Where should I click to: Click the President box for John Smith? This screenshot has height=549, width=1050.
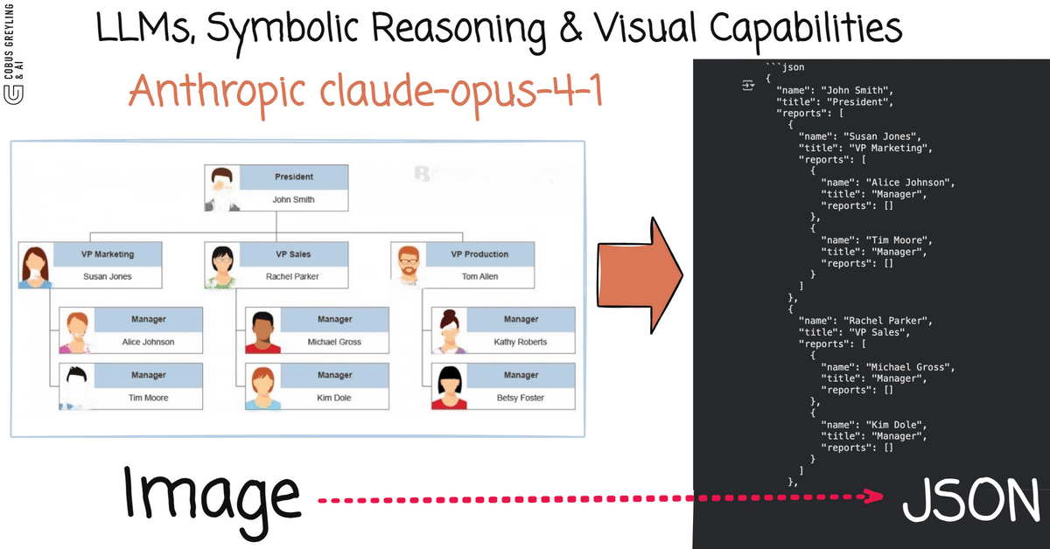(x=276, y=188)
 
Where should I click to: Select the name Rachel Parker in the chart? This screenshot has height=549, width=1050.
(x=292, y=276)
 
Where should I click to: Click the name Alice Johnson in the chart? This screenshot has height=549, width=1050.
(x=148, y=342)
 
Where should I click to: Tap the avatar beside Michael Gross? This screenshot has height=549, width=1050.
(x=262, y=331)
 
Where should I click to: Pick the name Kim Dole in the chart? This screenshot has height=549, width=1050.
(x=334, y=398)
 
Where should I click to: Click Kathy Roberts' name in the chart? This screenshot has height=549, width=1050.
(x=521, y=342)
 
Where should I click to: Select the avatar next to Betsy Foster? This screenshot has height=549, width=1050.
(x=449, y=387)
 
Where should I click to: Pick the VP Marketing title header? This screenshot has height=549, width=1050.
(x=108, y=254)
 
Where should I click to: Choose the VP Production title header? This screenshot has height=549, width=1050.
(x=479, y=254)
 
